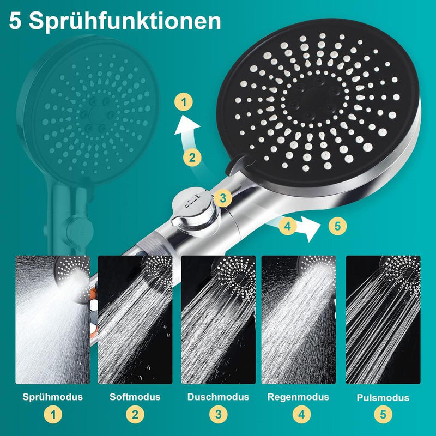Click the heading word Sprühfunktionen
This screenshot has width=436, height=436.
[x=125, y=21]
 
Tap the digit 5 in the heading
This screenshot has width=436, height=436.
[x=15, y=21]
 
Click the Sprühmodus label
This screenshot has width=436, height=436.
[x=52, y=397]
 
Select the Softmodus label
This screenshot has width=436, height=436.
[x=135, y=397]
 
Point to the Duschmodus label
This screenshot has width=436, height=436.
[x=218, y=397]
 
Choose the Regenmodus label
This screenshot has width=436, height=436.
[x=298, y=397]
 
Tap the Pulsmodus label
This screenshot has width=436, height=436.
[x=383, y=398]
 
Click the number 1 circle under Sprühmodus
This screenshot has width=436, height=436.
[x=53, y=415]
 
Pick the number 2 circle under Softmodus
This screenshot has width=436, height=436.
[x=135, y=415]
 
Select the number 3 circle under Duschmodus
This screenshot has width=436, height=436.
[x=219, y=415]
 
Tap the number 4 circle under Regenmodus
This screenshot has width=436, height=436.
[x=302, y=415]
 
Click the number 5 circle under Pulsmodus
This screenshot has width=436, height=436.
[x=383, y=415]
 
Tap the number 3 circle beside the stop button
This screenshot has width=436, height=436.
[x=223, y=198]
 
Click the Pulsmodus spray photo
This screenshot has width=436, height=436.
[x=383, y=320]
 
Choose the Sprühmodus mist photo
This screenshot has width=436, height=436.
[x=53, y=320]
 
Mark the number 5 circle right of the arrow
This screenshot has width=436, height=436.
[x=337, y=226]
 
